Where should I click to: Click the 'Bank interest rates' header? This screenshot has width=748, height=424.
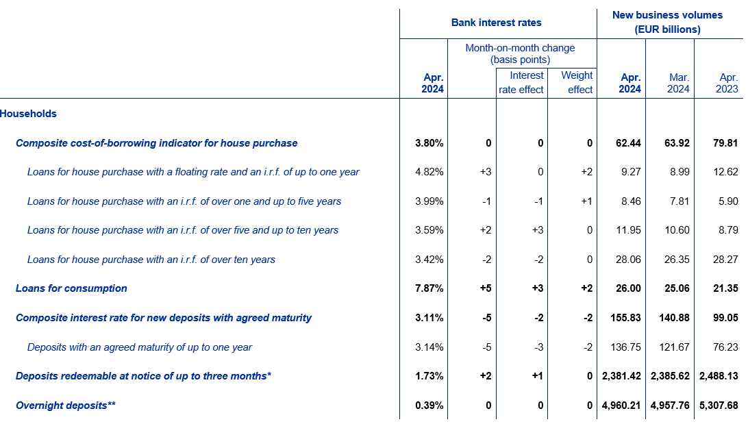click(x=496, y=23)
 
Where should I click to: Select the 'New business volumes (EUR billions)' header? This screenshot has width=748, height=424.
click(x=667, y=22)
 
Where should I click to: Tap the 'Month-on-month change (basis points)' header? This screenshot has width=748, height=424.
click(x=520, y=53)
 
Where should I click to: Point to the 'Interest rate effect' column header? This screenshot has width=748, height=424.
click(x=521, y=82)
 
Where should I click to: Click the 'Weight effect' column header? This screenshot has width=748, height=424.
click(x=577, y=82)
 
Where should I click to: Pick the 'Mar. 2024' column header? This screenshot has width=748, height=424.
click(x=678, y=83)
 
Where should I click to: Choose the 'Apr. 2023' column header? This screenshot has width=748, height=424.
click(x=727, y=83)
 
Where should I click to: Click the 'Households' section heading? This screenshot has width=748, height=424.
click(x=28, y=114)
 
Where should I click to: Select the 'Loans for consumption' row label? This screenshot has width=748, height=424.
click(x=71, y=288)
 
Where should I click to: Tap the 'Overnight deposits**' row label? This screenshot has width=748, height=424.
click(x=65, y=406)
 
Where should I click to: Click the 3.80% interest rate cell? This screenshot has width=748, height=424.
click(x=429, y=143)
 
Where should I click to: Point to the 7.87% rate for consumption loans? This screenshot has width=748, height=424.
click(x=429, y=288)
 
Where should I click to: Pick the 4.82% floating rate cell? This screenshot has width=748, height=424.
click(x=429, y=172)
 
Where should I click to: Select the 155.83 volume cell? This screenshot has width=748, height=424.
click(x=626, y=318)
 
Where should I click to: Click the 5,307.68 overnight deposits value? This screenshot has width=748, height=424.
click(x=719, y=406)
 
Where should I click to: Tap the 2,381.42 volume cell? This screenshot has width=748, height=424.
click(x=621, y=376)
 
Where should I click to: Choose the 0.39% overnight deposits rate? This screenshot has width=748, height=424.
click(x=429, y=406)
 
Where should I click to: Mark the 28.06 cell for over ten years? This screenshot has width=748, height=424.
click(x=628, y=260)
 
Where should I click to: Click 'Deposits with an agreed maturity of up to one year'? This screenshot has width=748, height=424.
click(x=139, y=347)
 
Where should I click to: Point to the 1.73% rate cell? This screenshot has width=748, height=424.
click(x=429, y=376)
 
